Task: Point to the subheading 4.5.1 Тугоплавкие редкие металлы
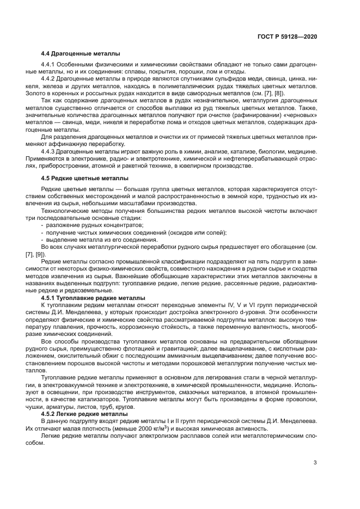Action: (93, 298)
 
